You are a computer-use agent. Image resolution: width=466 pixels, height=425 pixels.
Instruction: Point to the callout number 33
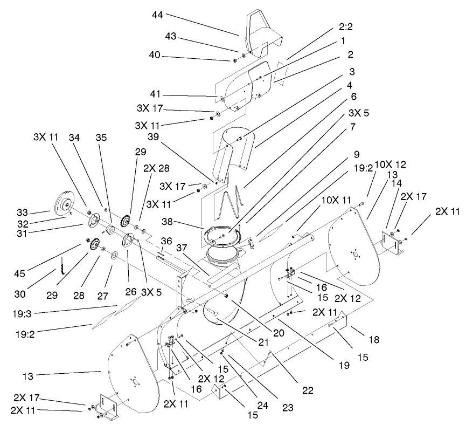tap(40, 211)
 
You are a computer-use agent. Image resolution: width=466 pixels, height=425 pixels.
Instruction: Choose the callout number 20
tap(278, 333)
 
